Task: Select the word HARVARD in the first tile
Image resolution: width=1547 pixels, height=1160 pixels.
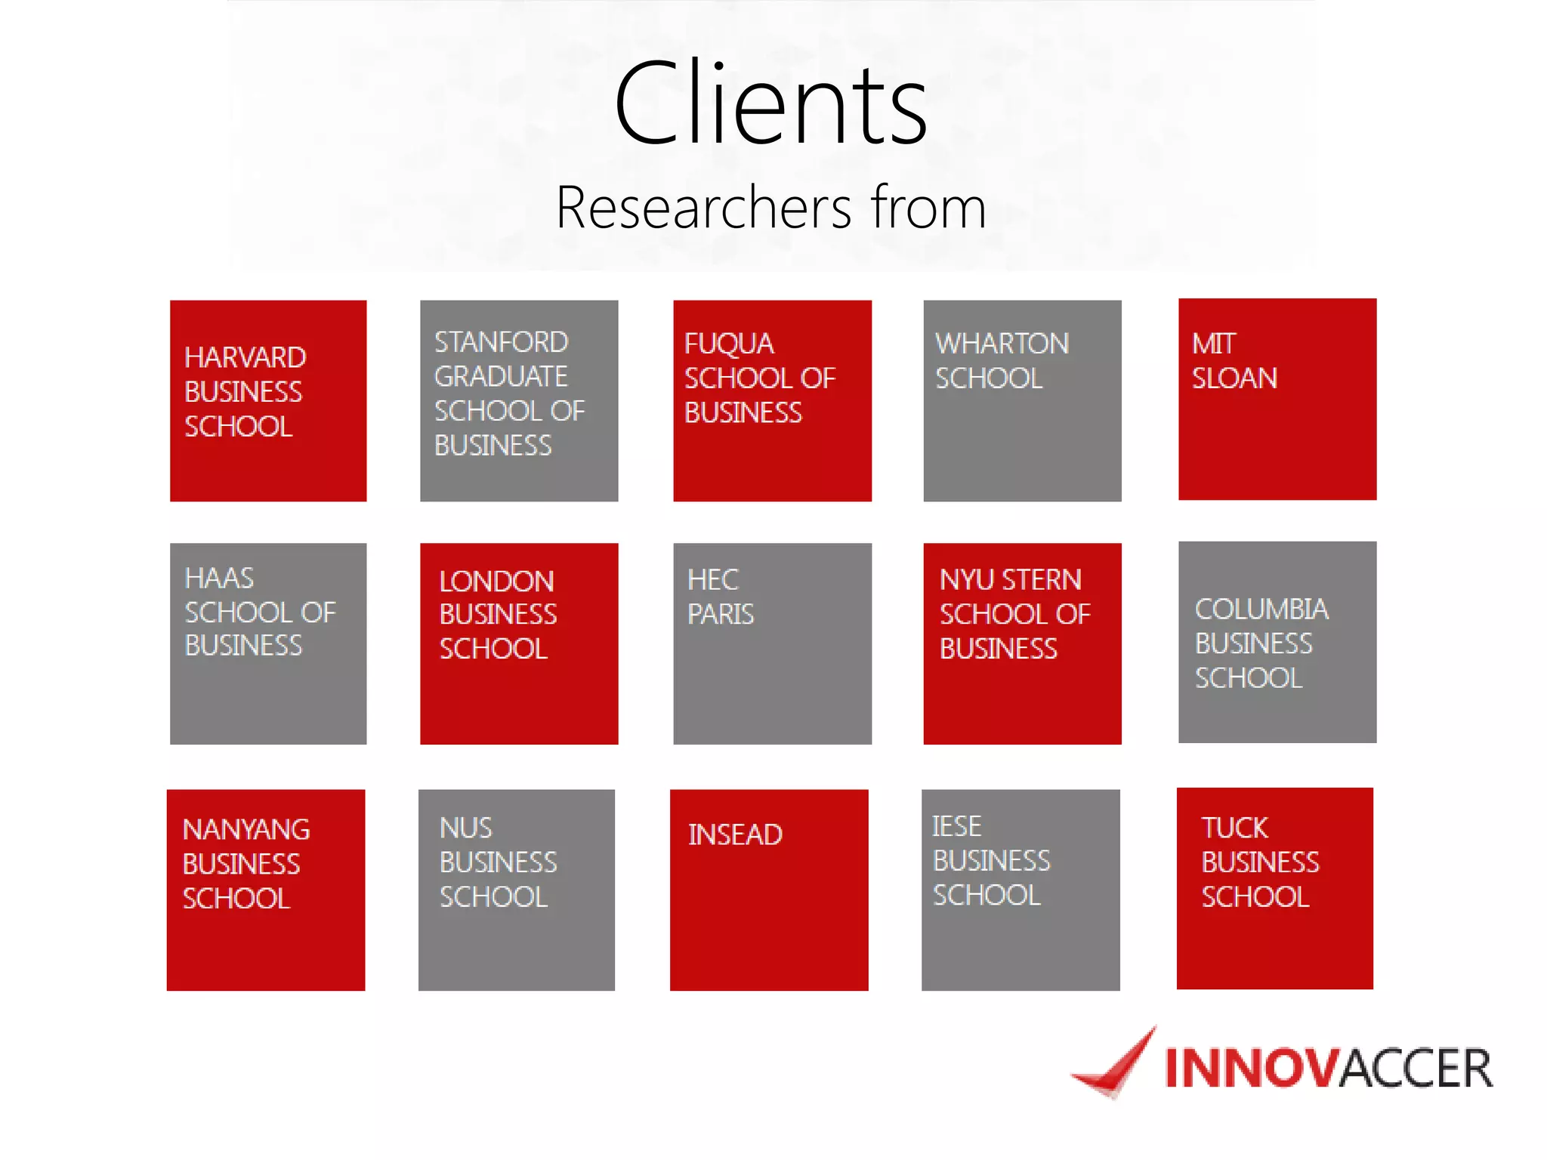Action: [x=245, y=357]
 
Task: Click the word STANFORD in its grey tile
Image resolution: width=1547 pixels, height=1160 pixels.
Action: [x=501, y=342]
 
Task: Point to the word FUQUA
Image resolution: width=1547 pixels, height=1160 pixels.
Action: [x=729, y=344]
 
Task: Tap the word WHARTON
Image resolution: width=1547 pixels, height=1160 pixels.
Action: [x=1002, y=344]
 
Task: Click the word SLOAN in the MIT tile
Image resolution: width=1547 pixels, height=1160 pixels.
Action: [x=1234, y=378]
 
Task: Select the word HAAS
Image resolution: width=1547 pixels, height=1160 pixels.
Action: [x=219, y=578]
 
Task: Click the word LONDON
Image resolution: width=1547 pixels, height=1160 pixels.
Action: [x=496, y=582]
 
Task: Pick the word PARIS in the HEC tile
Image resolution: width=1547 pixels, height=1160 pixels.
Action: [x=720, y=614]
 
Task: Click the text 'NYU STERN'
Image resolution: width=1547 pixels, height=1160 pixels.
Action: [x=1010, y=580]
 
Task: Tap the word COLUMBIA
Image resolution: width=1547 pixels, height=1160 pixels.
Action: [x=1261, y=609]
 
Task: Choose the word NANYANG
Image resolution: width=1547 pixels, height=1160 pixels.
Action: [x=246, y=830]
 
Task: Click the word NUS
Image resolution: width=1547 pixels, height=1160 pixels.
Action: [x=465, y=828]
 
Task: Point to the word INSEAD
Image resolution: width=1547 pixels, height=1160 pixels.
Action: [x=735, y=835]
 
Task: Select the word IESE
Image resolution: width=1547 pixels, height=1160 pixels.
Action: [x=956, y=827]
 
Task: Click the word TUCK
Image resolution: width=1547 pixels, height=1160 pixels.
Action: [x=1234, y=828]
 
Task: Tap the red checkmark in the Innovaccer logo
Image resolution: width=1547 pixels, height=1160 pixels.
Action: [x=1116, y=1065]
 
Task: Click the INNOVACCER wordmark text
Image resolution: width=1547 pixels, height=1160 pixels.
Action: [x=1328, y=1069]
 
